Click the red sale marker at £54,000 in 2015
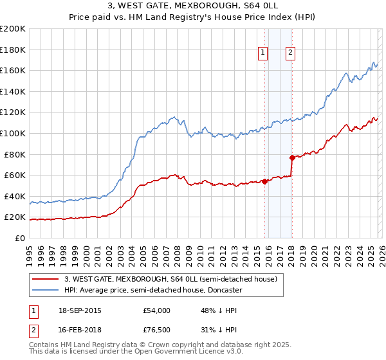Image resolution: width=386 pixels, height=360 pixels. click(x=264, y=181)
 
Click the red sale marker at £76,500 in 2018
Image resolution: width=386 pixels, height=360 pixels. click(x=292, y=157)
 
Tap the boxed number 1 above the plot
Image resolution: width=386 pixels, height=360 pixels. click(x=264, y=53)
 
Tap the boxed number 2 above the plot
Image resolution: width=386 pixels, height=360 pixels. click(x=291, y=53)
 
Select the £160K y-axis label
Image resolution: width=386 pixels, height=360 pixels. click(x=13, y=70)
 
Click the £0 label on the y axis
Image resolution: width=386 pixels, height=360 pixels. click(x=20, y=238)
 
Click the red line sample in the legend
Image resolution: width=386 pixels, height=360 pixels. click(x=45, y=279)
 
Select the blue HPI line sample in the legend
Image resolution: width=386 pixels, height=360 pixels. click(x=45, y=290)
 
